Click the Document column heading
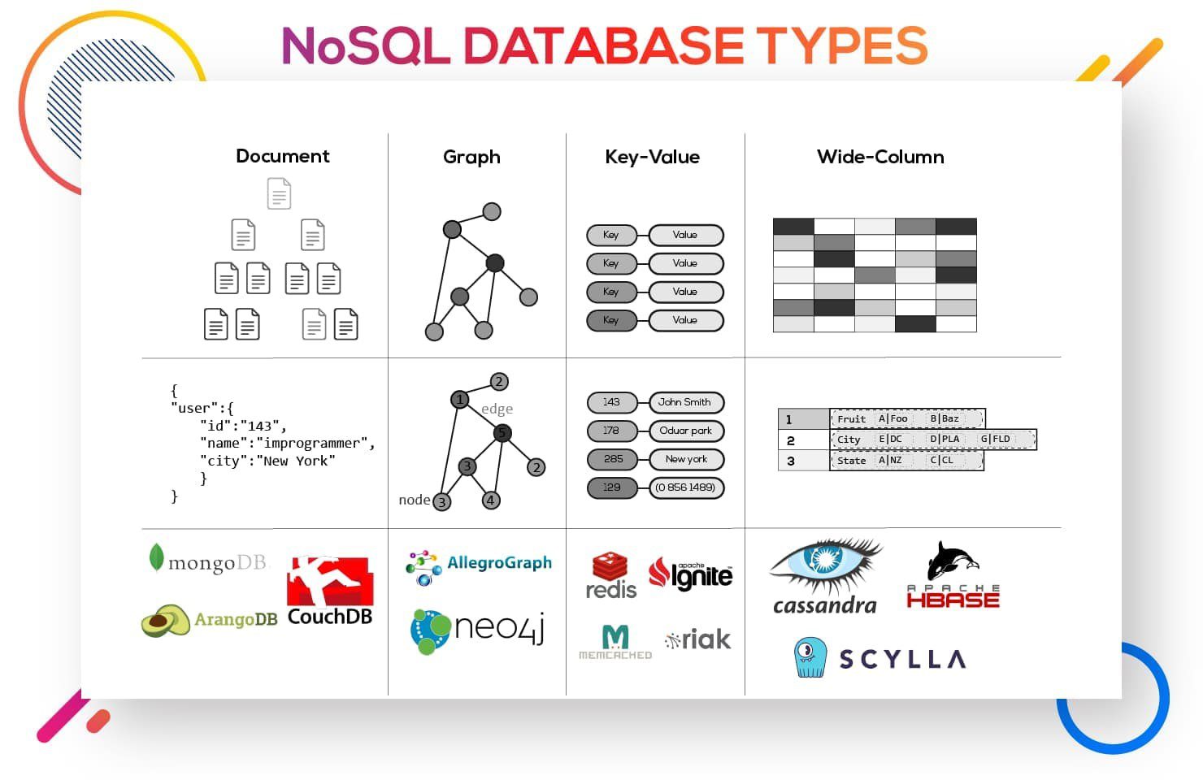pyautogui.click(x=282, y=156)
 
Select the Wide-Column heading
pyautogui.click(x=880, y=157)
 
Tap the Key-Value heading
pyautogui.click(x=652, y=157)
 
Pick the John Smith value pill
pyautogui.click(x=686, y=402)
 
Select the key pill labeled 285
pyautogui.click(x=613, y=459)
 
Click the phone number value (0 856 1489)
pyautogui.click(x=686, y=487)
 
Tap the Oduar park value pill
pyautogui.click(x=686, y=431)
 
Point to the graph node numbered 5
pyautogui.click(x=502, y=432)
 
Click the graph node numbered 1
pyautogui.click(x=460, y=399)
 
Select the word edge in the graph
pyautogui.click(x=497, y=409)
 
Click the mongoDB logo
pyautogui.click(x=208, y=561)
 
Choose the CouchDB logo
pyautogui.click(x=330, y=591)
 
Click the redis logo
pyautogui.click(x=610, y=575)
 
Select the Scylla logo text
pyautogui.click(x=902, y=659)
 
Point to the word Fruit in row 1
pyautogui.click(x=851, y=419)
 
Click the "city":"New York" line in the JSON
pyautogui.click(x=267, y=461)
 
